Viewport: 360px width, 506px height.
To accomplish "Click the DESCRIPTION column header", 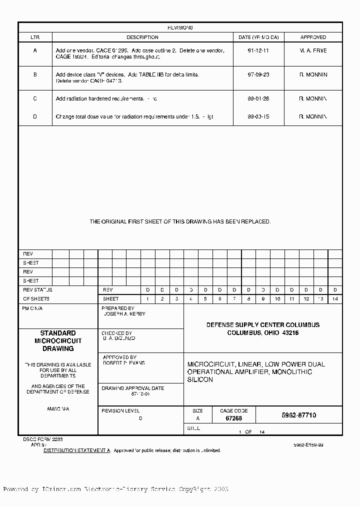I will coord(142,37).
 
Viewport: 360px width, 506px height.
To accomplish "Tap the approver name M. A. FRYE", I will coord(313,50).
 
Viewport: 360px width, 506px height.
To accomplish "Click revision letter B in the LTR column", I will coord(35,74).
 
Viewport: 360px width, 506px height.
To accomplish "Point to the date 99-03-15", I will coord(258,116).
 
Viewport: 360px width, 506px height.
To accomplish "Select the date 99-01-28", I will coord(258,98).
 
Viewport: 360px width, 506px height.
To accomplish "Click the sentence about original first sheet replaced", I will coord(180,221).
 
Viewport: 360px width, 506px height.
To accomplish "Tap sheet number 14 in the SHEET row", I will coord(335,298).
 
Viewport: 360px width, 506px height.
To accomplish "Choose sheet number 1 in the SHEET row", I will coord(148,298).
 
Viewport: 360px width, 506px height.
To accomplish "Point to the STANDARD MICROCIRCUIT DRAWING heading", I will coord(58,340).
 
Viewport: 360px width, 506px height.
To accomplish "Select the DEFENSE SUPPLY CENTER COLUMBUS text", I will coord(263,325).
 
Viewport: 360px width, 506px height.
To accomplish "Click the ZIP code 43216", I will coord(290,333).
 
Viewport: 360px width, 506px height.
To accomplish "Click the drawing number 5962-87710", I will coord(299,415).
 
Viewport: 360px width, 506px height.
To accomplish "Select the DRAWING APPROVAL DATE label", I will coord(132,388).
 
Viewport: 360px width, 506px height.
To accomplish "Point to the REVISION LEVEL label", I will coord(120,410).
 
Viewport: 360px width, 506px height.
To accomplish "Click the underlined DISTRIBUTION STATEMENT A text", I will coord(77,450).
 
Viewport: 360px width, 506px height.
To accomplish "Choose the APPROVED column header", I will coord(313,37).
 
